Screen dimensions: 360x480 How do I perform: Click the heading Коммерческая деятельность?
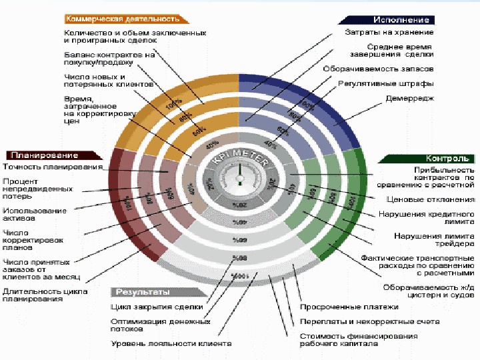tap(124, 19)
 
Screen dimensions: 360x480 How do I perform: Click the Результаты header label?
tap(144, 292)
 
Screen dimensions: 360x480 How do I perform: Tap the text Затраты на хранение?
tap(389, 31)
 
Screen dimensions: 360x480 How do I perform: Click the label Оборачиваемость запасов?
tap(378, 68)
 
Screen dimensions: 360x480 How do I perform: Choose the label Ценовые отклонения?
tap(430, 199)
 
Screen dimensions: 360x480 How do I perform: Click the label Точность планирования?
tap(52, 167)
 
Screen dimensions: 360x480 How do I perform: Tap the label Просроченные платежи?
tap(349, 307)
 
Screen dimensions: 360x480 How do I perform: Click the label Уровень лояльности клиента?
tap(171, 343)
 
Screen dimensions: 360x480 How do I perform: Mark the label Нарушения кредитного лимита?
tap(426, 218)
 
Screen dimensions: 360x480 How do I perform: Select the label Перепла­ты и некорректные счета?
tap(369, 321)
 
